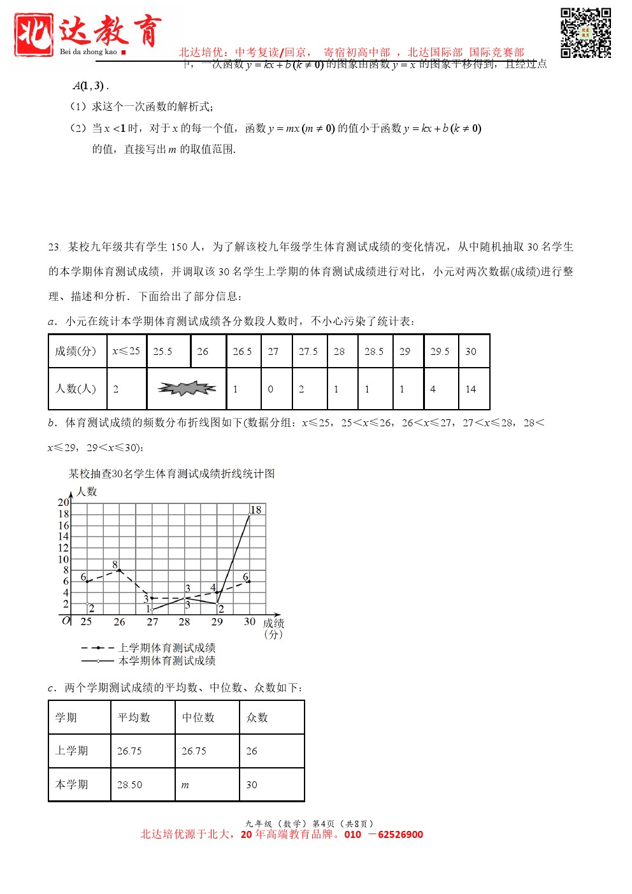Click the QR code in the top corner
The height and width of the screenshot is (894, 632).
click(x=585, y=32)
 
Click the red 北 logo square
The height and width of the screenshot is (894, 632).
click(x=33, y=35)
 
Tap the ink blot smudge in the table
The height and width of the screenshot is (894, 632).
click(x=187, y=388)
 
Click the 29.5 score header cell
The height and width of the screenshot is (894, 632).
click(x=440, y=351)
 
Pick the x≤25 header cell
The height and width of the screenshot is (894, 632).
click(x=126, y=351)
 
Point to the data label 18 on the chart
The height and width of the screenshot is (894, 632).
click(x=256, y=510)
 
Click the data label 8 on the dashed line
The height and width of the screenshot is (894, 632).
click(x=115, y=565)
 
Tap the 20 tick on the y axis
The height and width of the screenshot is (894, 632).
click(x=64, y=502)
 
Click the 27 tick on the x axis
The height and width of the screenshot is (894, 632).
click(x=152, y=622)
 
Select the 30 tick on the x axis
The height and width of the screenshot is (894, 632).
click(x=250, y=622)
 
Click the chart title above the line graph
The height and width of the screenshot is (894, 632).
click(x=172, y=473)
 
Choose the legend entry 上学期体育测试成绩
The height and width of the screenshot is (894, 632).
click(x=167, y=647)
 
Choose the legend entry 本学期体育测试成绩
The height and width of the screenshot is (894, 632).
click(x=167, y=661)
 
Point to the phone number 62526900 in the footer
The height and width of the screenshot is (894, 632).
click(x=400, y=835)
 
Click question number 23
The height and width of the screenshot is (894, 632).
click(x=54, y=247)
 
